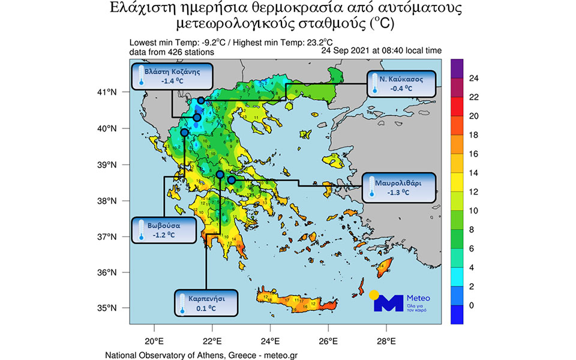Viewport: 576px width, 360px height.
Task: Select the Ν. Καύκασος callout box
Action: tap(400, 84)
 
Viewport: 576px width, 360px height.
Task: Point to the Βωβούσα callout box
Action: tap(164, 230)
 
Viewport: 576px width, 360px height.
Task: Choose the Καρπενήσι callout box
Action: tap(206, 303)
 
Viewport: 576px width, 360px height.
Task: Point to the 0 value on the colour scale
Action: tap(472, 305)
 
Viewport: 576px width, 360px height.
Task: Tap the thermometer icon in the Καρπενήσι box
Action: tap(181, 307)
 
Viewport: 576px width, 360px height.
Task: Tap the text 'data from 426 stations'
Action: tap(171, 52)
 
